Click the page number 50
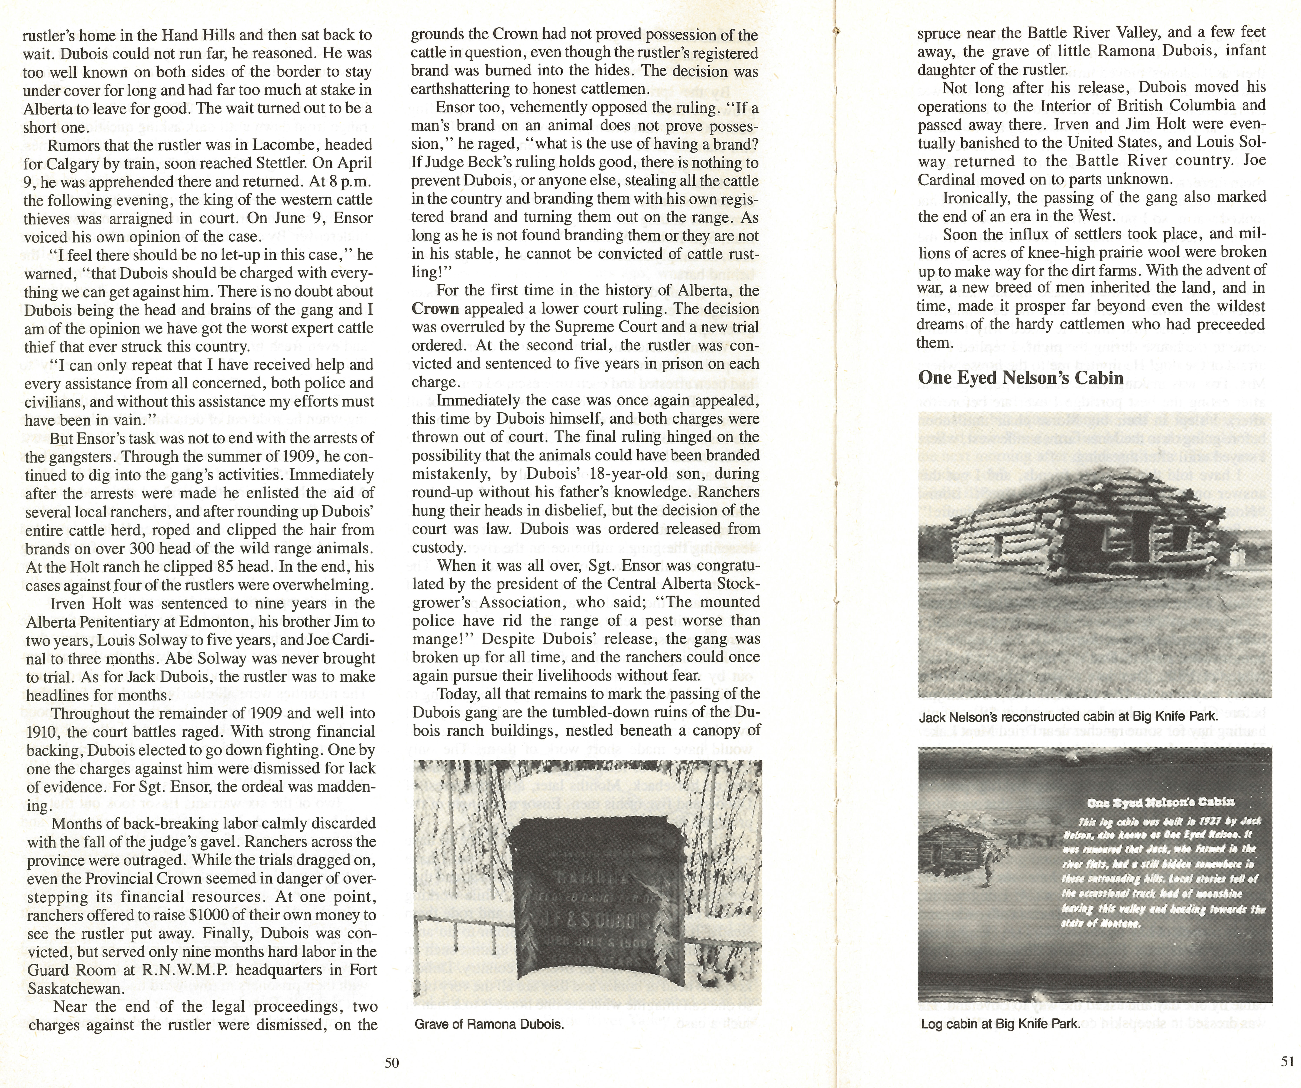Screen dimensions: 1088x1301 coord(392,1063)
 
